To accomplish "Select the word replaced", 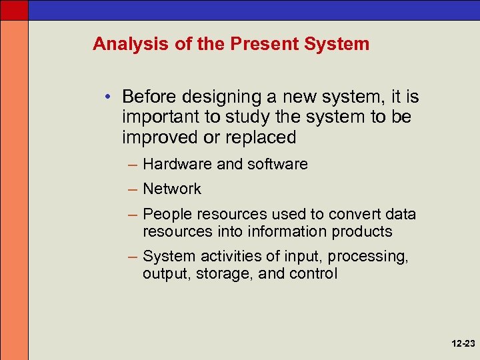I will [x=262, y=137].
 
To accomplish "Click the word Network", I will [x=172, y=189].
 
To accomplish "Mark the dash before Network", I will [x=132, y=189].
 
